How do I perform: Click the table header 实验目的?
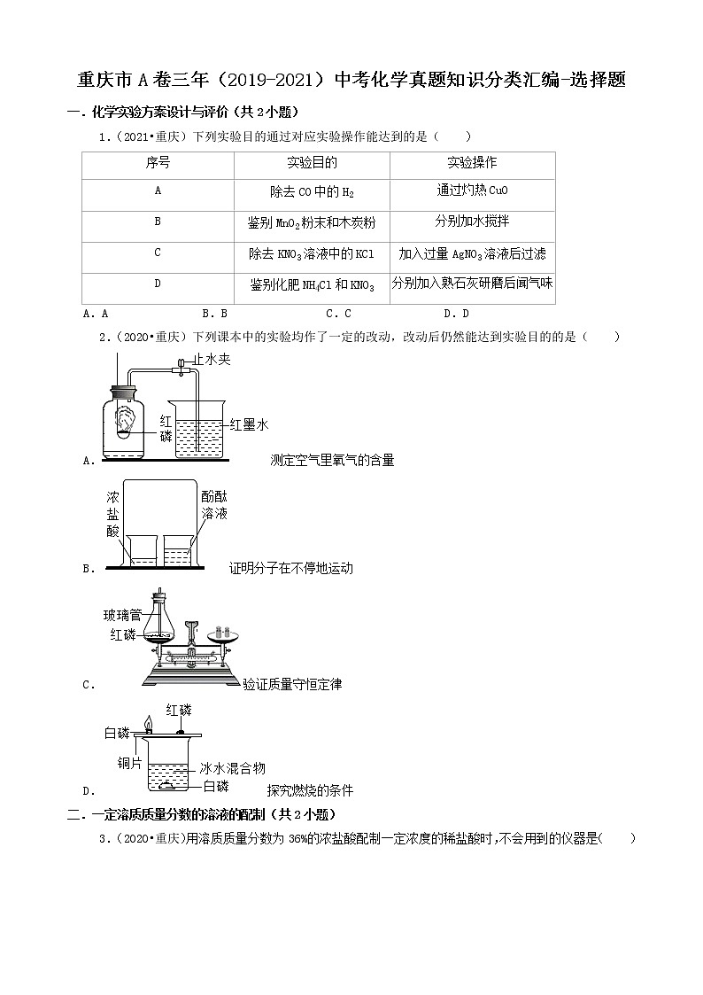click(312, 163)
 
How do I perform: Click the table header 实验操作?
click(472, 163)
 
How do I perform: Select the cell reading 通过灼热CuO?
click(472, 190)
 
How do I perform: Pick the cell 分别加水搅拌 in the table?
click(472, 222)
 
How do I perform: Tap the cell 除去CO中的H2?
click(312, 191)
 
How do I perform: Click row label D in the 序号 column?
click(158, 284)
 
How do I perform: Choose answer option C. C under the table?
click(338, 313)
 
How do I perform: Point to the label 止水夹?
click(211, 360)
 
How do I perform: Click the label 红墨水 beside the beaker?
click(249, 424)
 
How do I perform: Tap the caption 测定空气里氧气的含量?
click(332, 460)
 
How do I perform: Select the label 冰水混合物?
click(232, 768)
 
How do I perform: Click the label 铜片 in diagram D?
click(130, 762)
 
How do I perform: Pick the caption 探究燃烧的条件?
click(310, 789)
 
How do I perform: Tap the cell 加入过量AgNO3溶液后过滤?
click(472, 253)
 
